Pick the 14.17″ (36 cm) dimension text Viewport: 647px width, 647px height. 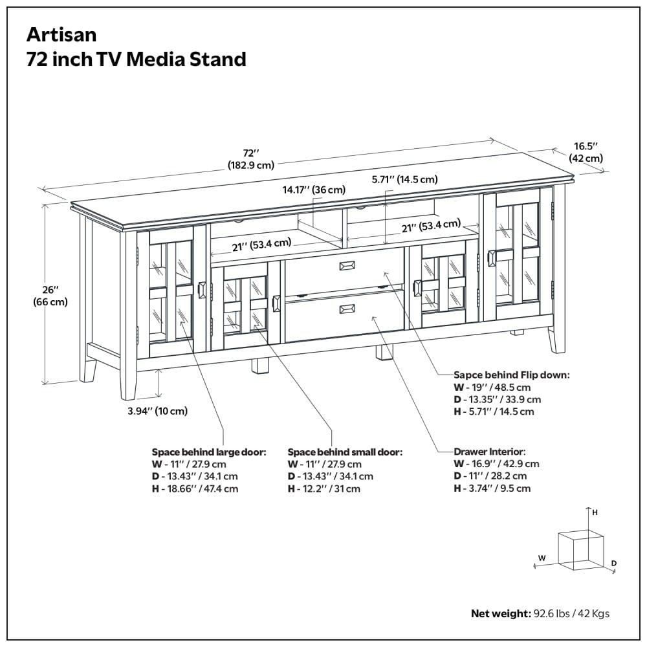tap(313, 190)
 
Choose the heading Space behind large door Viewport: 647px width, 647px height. tap(209, 452)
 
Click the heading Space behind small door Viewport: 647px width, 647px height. tap(345, 452)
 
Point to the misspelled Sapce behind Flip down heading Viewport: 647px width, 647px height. tap(511, 375)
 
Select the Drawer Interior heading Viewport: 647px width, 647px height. tap(490, 451)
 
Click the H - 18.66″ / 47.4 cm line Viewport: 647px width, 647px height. tap(195, 488)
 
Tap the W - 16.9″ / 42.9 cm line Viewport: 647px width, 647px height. tap(496, 463)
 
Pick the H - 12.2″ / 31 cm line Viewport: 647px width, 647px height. tap(323, 488)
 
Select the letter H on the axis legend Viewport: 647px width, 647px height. tap(595, 512)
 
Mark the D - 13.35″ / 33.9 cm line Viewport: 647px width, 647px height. tap(498, 399)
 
